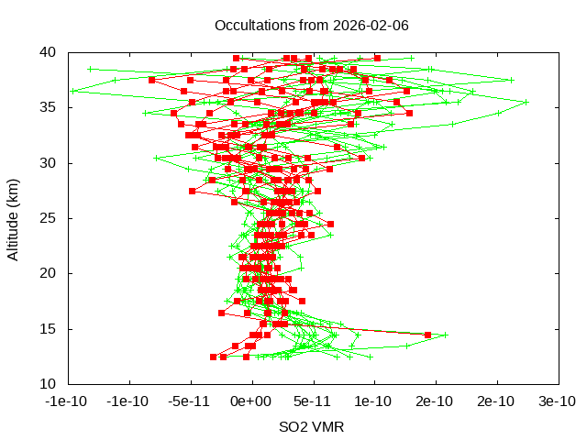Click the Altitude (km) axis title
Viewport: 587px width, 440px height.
(14, 217)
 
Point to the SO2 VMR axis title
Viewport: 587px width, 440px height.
(311, 426)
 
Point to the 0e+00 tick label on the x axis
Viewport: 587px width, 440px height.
(251, 401)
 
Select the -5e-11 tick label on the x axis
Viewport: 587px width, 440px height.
(190, 401)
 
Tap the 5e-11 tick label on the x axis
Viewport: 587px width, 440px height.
(313, 401)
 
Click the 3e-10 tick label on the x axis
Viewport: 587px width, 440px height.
(558, 401)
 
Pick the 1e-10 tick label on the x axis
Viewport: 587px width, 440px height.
(374, 401)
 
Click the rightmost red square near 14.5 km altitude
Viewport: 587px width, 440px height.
(428, 335)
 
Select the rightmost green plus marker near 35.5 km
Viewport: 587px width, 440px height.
(526, 102)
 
